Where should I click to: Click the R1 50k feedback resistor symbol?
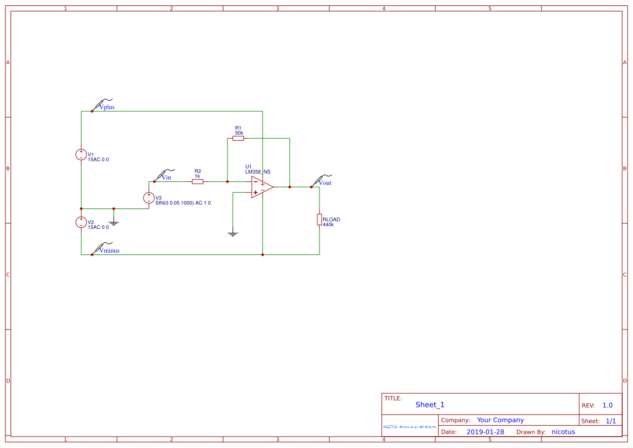[238, 139]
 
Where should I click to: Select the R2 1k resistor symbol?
[198, 182]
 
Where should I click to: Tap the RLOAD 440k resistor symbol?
[319, 219]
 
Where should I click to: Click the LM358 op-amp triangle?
[261, 187]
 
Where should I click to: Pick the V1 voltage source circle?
[81, 155]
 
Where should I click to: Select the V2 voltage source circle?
[81, 222]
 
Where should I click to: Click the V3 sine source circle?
[149, 198]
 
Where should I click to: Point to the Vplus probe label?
[107, 107]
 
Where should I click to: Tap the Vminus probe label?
[109, 251]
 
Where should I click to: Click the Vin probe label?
[166, 177]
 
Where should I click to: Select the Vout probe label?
[325, 183]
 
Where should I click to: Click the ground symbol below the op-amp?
[233, 234]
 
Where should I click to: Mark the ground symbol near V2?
[114, 222]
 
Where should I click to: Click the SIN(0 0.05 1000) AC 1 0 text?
[182, 203]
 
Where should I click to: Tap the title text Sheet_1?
[430, 405]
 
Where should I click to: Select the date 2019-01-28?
[485, 432]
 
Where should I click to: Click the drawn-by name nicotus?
[563, 432]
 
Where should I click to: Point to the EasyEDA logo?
[410, 427]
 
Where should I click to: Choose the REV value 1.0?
[607, 405]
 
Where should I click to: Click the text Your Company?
[500, 420]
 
